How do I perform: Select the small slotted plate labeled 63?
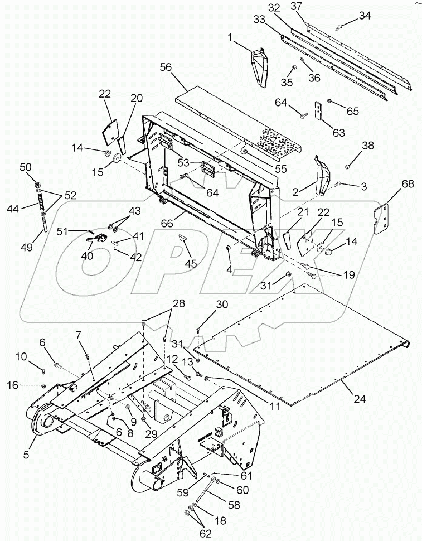(x=319, y=110)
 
